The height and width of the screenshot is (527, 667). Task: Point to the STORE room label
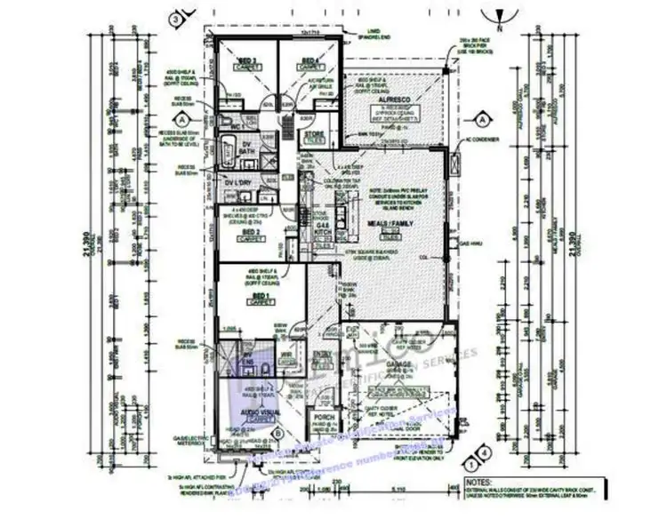click(316, 135)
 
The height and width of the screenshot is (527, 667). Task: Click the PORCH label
click(320, 420)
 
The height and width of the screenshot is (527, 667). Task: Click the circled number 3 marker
click(178, 18)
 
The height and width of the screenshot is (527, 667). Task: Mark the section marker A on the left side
click(181, 118)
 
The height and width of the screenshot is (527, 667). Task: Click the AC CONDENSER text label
click(488, 140)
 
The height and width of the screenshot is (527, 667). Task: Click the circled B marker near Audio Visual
click(277, 433)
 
